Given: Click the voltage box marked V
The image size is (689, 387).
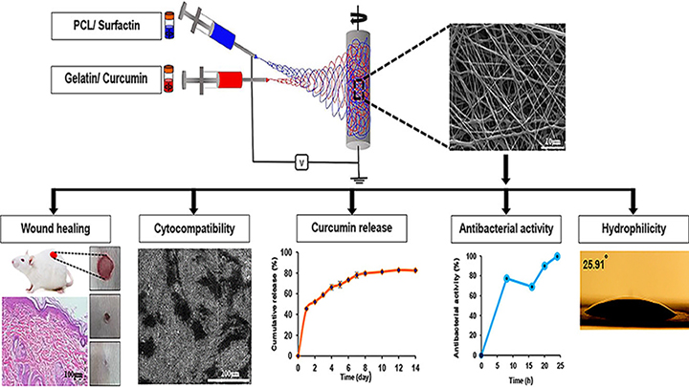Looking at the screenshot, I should pos(301,162).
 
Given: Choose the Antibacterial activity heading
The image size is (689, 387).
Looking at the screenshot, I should pos(500,228).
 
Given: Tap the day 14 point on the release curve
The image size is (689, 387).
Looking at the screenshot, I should pos(414,271).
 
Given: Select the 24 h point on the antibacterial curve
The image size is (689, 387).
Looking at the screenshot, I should pos(555,256).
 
